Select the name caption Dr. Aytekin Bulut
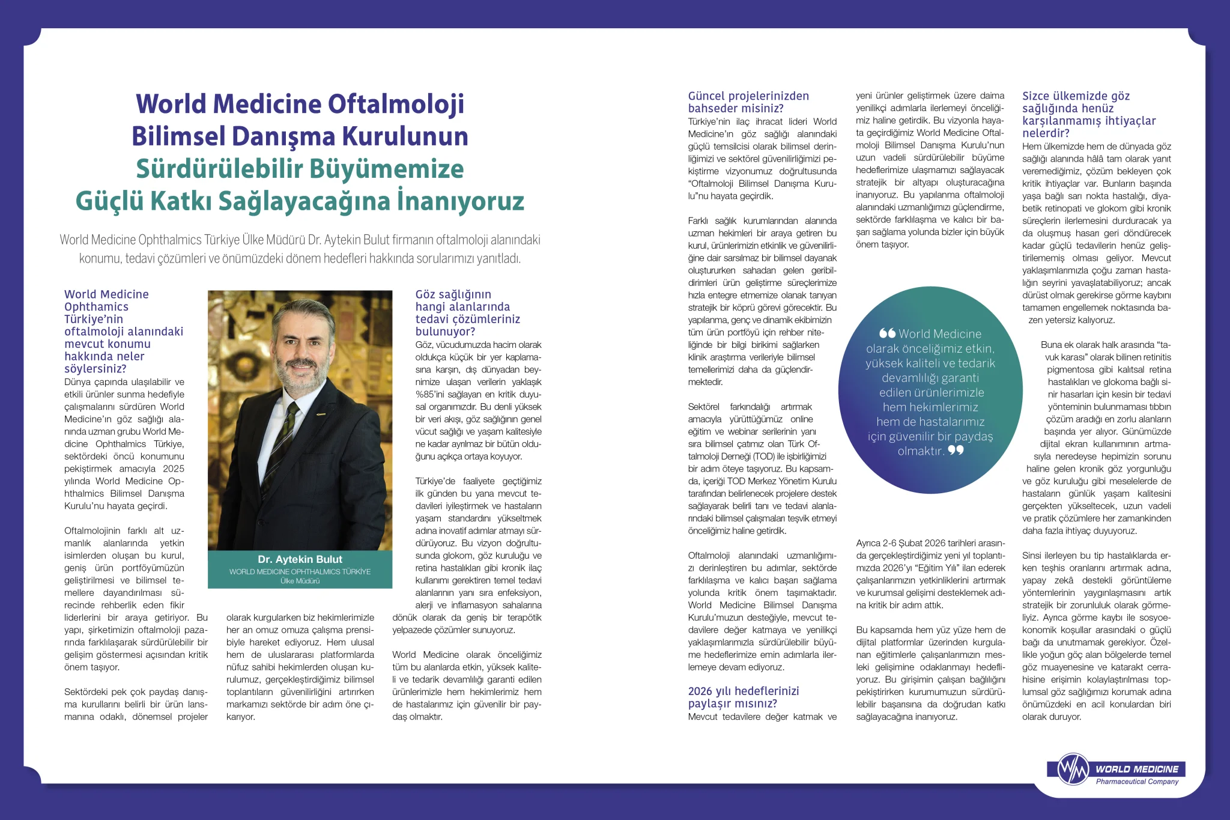[x=300, y=559]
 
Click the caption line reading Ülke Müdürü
[x=300, y=581]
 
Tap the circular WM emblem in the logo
[x=1073, y=769]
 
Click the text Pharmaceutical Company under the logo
[x=1137, y=782]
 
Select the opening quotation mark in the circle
[x=887, y=333]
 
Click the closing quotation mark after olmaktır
[x=956, y=450]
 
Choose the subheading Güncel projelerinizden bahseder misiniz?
[x=748, y=102]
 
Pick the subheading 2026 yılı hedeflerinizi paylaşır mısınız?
[x=743, y=697]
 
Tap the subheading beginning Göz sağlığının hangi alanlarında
[x=467, y=312]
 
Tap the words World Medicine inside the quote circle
[x=940, y=334]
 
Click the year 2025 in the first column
[x=174, y=469]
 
